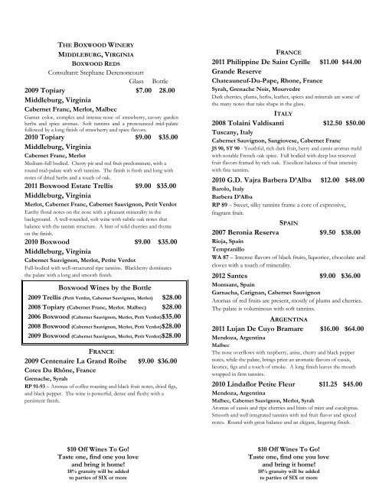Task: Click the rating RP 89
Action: click(223, 205)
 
